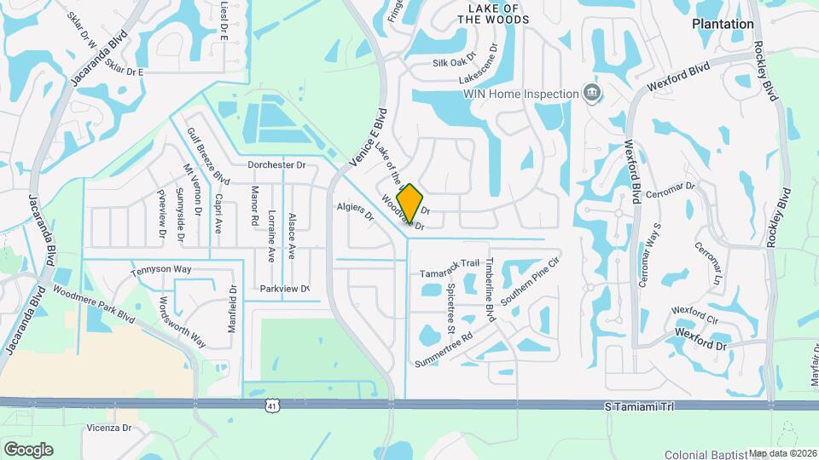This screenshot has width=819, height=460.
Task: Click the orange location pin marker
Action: click(x=410, y=204)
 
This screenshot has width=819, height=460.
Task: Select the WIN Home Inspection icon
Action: click(x=591, y=93)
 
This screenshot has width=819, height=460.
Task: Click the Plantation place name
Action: click(x=723, y=25)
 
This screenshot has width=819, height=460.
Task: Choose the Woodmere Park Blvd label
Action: click(x=95, y=302)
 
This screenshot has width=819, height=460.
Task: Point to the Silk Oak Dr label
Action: click(x=454, y=62)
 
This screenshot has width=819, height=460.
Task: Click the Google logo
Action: click(x=28, y=450)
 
